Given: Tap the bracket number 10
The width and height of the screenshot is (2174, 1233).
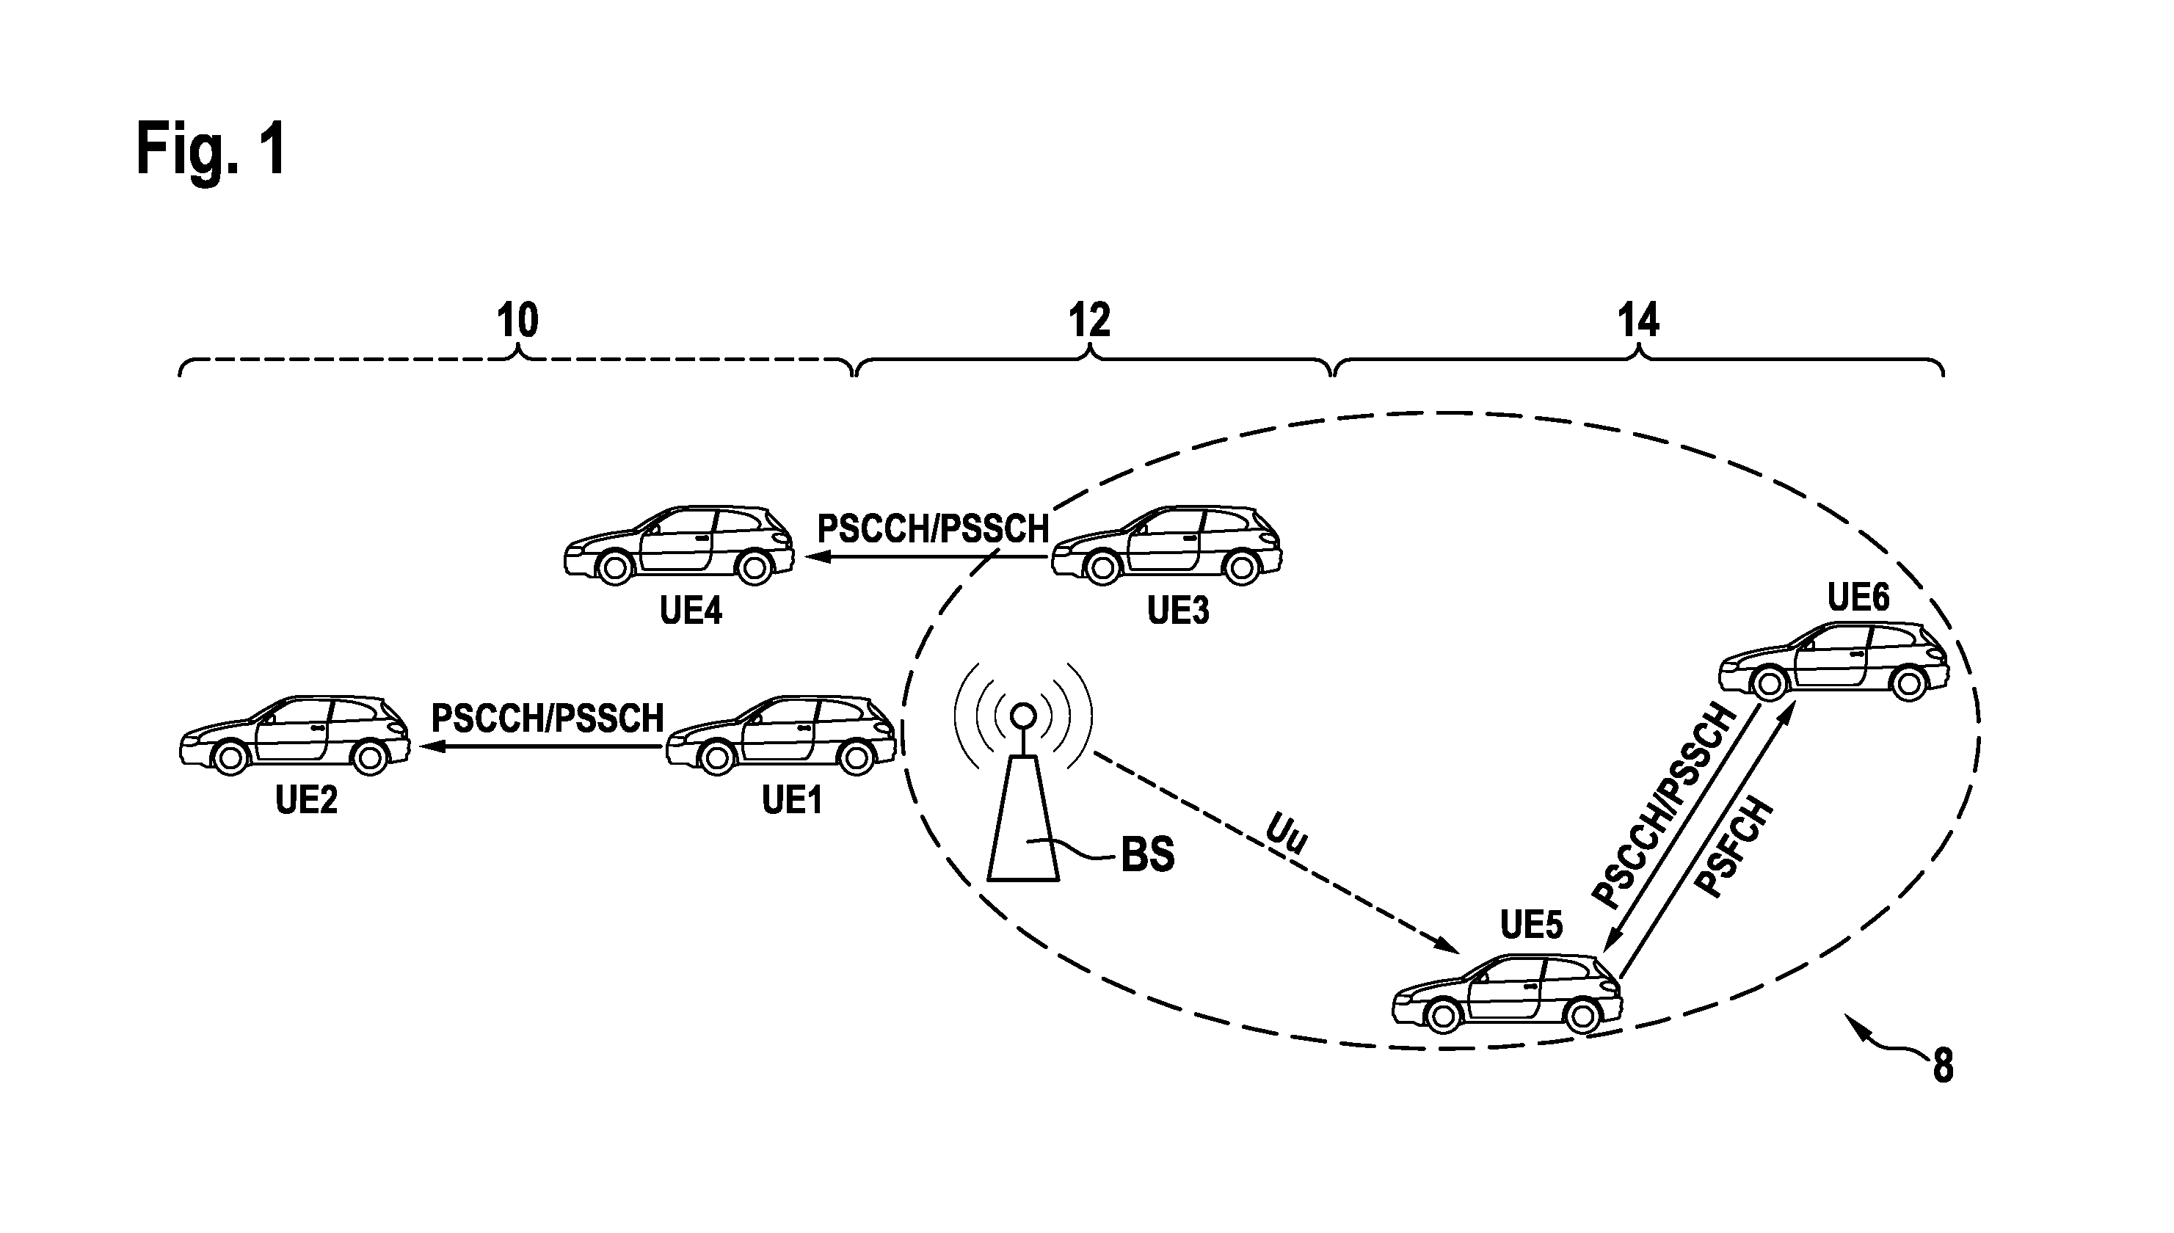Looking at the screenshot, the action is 517,321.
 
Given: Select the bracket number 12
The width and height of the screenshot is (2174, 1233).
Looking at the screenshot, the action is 1089,321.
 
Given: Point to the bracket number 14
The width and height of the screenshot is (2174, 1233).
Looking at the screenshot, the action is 1638,321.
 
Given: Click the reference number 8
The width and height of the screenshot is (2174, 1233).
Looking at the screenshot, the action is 1943,1066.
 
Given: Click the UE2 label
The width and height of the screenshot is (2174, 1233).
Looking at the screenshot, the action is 307,799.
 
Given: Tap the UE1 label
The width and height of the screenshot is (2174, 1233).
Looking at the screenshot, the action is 792,799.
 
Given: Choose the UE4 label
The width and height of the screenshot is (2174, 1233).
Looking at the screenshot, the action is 691,610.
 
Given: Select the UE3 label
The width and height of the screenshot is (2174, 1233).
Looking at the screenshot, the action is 1178,610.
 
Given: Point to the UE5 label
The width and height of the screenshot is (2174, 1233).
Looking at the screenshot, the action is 1531,925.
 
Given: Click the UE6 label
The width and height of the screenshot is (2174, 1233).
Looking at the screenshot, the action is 1858,598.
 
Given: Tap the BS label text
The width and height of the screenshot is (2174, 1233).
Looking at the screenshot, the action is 1148,854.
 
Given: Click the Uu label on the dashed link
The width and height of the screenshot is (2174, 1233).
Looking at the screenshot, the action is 1287,834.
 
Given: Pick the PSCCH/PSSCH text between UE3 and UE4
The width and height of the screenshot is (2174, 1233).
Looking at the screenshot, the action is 932,528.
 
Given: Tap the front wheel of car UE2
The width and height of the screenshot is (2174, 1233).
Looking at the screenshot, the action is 230,758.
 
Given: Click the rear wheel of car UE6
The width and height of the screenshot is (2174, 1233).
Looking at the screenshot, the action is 1909,683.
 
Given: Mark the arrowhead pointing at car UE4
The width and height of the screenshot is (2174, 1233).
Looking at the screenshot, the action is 817,557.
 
